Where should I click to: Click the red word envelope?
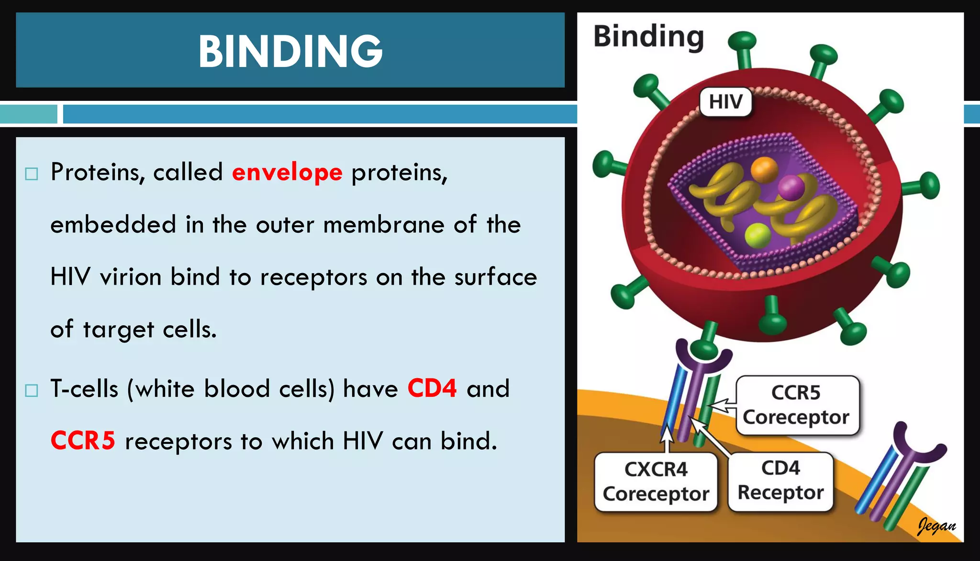(x=287, y=172)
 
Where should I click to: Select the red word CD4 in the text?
(x=432, y=388)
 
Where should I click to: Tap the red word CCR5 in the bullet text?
(x=83, y=440)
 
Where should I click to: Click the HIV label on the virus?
(x=725, y=102)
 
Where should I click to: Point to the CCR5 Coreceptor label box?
(x=797, y=405)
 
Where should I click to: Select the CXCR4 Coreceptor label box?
(x=656, y=482)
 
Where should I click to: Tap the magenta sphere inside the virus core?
(x=791, y=187)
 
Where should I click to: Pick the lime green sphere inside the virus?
(x=757, y=235)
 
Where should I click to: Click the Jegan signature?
(x=936, y=526)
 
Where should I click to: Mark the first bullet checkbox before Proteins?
(x=32, y=174)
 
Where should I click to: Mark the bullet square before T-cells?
(x=32, y=390)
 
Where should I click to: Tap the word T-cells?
(x=84, y=388)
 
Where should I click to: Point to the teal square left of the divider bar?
(x=29, y=114)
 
